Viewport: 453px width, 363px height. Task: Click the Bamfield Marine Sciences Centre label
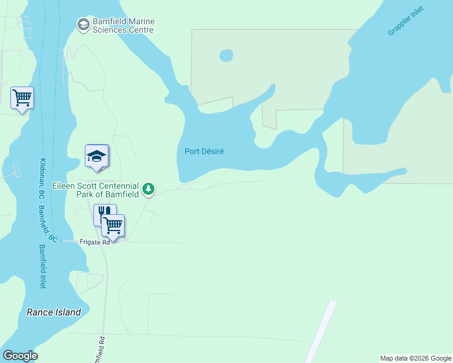[123, 25]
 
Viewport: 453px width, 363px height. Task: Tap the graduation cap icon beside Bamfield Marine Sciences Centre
[83, 24]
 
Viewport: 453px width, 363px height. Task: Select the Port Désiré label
[204, 151]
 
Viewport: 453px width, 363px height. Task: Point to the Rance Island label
[53, 312]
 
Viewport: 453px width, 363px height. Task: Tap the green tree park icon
[148, 190]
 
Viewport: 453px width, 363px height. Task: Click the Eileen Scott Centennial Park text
[96, 186]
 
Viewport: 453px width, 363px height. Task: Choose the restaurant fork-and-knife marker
[104, 214]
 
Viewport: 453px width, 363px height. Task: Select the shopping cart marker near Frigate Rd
[113, 226]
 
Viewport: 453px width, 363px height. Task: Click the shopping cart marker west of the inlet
[22, 97]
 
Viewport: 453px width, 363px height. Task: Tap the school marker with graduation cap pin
[96, 157]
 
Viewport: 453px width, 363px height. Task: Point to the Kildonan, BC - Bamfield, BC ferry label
[48, 200]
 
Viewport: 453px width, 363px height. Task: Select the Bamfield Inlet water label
[42, 266]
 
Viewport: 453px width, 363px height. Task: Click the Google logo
[20, 356]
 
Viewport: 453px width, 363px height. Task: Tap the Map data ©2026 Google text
[415, 358]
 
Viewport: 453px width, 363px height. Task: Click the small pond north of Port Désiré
[226, 56]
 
